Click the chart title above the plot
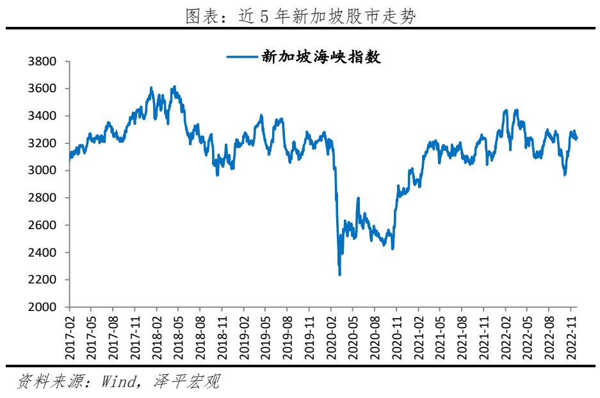[x=300, y=17]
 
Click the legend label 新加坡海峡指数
[x=321, y=57]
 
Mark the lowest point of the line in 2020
[x=339, y=275]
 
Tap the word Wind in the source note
[x=120, y=383]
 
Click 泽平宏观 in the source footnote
[x=186, y=383]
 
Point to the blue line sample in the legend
[x=241, y=57]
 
